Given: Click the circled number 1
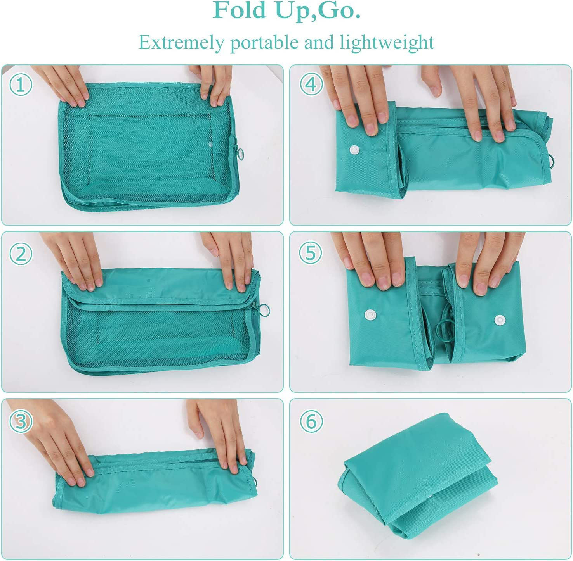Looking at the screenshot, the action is pos(21,85).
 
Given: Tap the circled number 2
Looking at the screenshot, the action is pos(21,254).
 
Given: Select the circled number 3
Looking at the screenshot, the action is pos(21,421).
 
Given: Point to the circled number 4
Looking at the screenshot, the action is pos(311,84).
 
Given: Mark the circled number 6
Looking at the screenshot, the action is pos(311,421).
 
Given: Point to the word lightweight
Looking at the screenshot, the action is pos(387,43).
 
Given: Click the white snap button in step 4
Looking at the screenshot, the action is pos(354,150).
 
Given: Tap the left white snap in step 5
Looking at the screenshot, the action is pos(370,314).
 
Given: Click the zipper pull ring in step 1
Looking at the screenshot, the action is pos(241,155).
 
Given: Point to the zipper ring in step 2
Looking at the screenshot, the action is pos(265,310).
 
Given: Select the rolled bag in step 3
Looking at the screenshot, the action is pos(155,481).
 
